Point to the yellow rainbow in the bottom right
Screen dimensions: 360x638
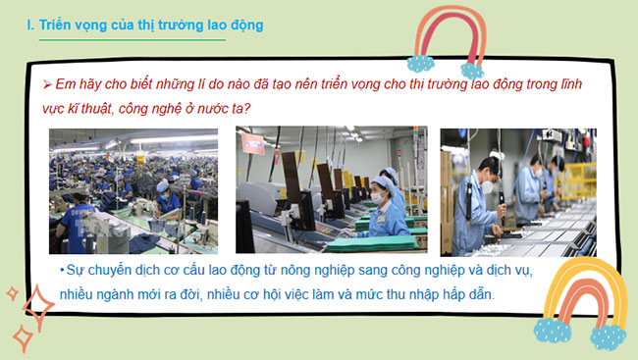pos(578,299)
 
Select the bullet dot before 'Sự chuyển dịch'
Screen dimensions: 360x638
pos(61,270)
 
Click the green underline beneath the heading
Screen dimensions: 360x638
pos(127,40)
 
